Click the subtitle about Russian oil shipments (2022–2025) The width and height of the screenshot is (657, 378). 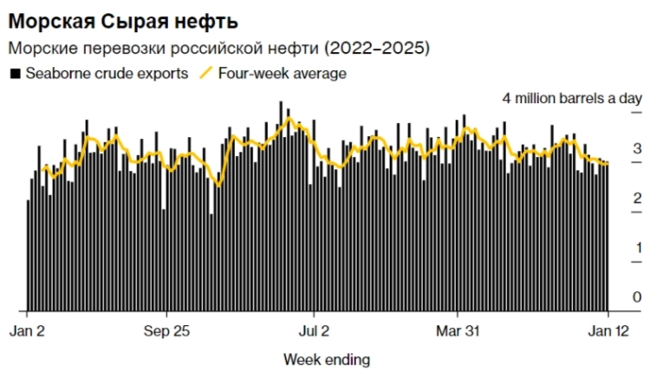[x=218, y=47]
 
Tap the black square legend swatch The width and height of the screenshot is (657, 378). [x=15, y=74]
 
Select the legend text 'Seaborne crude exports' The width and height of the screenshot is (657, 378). [x=106, y=74]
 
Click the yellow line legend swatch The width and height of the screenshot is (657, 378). [x=208, y=74]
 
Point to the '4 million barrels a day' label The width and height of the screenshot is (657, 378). [x=572, y=99]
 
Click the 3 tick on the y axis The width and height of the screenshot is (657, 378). [x=637, y=149]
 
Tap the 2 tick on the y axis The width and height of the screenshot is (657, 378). [x=637, y=199]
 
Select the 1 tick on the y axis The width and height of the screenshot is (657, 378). [x=637, y=249]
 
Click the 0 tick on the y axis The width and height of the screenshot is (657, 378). [x=637, y=298]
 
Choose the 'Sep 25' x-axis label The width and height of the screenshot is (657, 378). [x=166, y=330]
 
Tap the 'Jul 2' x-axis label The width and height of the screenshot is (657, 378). [x=313, y=330]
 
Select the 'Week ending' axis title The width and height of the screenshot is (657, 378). [x=327, y=359]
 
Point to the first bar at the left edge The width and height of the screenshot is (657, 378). [x=28, y=256]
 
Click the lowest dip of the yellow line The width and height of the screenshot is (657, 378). [x=218, y=185]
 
